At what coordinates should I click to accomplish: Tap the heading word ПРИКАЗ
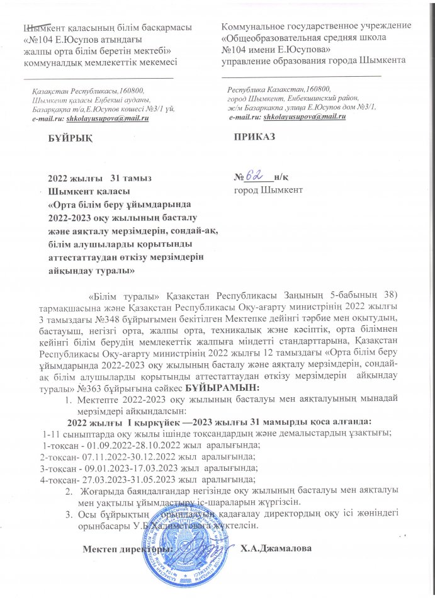(254, 137)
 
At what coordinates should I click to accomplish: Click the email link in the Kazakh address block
(116, 119)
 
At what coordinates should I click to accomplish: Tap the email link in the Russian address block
(305, 117)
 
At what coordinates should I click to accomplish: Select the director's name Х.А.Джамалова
(276, 548)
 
